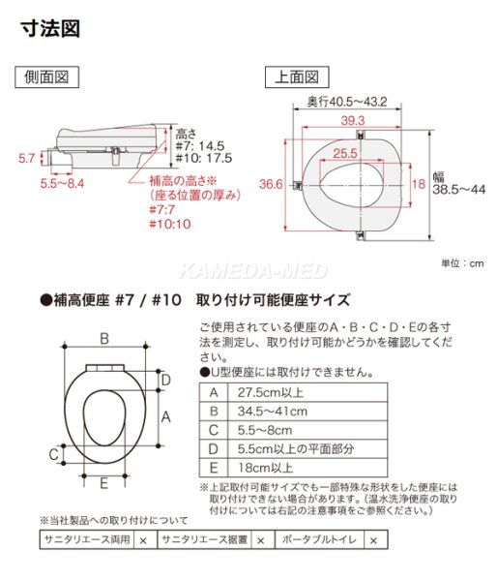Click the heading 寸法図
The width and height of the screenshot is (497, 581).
click(x=50, y=28)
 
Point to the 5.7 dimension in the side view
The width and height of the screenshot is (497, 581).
click(x=27, y=157)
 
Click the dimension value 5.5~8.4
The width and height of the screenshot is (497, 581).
click(x=62, y=182)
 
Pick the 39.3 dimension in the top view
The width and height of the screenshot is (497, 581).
click(x=353, y=120)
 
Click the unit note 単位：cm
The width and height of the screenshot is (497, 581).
click(x=459, y=262)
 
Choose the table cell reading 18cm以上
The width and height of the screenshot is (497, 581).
click(x=260, y=469)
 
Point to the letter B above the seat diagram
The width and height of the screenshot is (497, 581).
click(x=103, y=338)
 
